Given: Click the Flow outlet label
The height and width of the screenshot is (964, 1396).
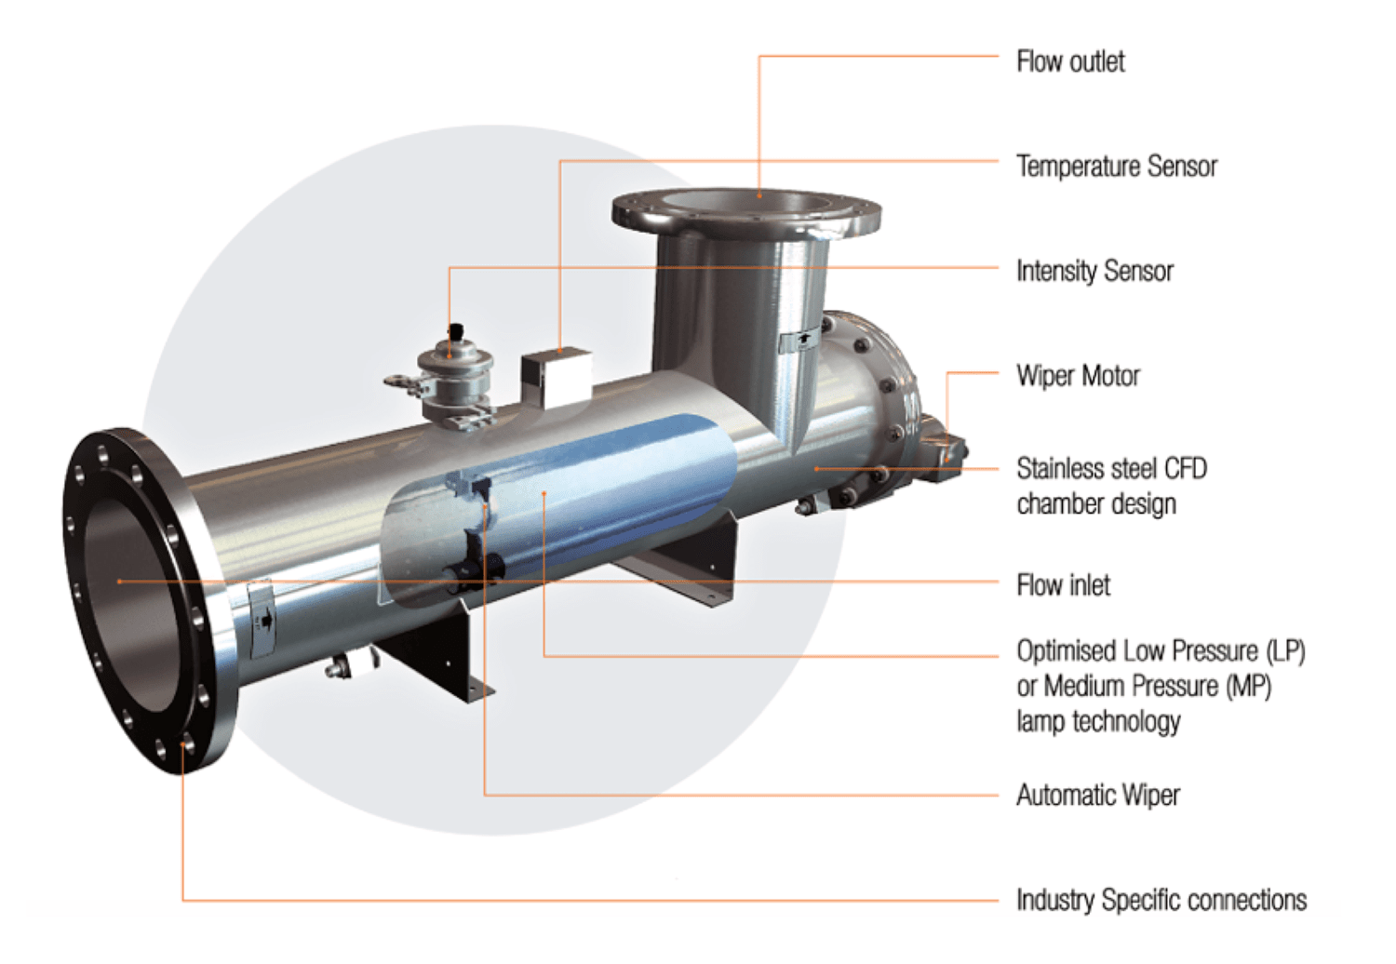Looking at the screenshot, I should pyautogui.click(x=1070, y=62).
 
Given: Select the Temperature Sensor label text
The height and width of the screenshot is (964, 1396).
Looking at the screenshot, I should pyautogui.click(x=1116, y=167).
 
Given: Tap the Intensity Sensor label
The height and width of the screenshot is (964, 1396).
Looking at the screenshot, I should pyautogui.click(x=1094, y=272).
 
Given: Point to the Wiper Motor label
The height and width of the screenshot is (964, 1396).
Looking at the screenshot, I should pyautogui.click(x=1078, y=376).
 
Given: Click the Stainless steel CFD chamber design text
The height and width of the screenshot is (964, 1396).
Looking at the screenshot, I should pyautogui.click(x=1110, y=486).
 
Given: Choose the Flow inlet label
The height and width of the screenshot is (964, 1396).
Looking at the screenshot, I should pyautogui.click(x=1063, y=585).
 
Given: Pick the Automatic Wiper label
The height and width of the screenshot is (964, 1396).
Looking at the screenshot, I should pyautogui.click(x=1097, y=796).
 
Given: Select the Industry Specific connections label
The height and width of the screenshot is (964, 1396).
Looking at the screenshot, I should pyautogui.click(x=1161, y=900).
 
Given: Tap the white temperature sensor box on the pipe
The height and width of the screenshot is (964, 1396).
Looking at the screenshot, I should pyautogui.click(x=556, y=377).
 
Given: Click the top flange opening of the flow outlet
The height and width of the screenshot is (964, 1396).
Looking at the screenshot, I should pyautogui.click(x=746, y=202).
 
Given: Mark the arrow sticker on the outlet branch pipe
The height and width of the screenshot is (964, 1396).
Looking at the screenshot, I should pyautogui.click(x=799, y=341).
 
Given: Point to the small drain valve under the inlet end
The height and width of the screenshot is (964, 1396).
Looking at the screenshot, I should pyautogui.click(x=341, y=666).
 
